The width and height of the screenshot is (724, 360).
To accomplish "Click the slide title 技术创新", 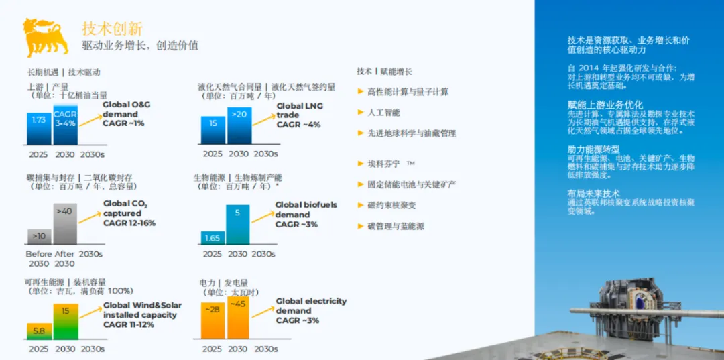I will [112, 28].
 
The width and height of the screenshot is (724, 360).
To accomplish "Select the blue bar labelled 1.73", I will [39, 129].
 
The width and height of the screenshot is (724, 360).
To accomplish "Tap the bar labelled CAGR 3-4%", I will [65, 124].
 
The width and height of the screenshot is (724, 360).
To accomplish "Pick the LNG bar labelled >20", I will [239, 125].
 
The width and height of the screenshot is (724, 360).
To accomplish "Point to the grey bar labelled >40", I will [65, 224].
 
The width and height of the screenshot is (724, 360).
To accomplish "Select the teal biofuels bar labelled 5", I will [237, 224].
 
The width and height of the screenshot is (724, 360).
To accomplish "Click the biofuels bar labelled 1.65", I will [213, 237].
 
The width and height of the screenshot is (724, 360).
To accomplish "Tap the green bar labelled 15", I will [65, 321].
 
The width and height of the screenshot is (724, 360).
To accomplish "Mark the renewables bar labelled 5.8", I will [39, 331].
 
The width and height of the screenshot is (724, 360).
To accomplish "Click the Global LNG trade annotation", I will [298, 115].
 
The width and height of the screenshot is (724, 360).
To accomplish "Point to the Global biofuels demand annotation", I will [306, 215].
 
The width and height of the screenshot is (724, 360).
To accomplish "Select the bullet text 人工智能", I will [383, 113].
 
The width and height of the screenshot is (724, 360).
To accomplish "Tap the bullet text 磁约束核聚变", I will [392, 205].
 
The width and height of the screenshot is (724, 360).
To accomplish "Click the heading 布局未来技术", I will [593, 193].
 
